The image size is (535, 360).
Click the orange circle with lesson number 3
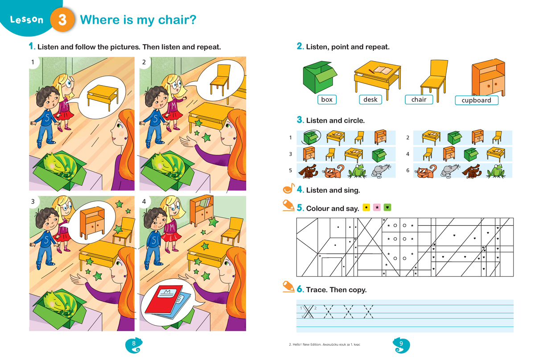click(x=62, y=20)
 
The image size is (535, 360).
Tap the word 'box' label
click(x=327, y=99)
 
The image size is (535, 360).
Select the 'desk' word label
click(x=370, y=99)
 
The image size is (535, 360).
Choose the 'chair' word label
click(x=419, y=99)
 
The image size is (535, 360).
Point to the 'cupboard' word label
click(x=477, y=100)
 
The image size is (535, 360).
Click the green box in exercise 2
click(x=319, y=77)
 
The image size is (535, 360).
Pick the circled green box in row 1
click(x=310, y=137)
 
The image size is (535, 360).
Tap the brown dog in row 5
click(x=308, y=171)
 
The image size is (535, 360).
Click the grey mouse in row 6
click(x=450, y=171)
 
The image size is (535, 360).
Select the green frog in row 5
click(x=357, y=171)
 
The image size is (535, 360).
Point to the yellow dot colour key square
click(x=366, y=207)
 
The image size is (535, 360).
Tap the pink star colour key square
click(x=377, y=207)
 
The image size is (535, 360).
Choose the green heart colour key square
click(x=387, y=207)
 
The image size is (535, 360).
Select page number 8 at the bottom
click(x=133, y=343)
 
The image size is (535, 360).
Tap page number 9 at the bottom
click(x=401, y=343)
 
